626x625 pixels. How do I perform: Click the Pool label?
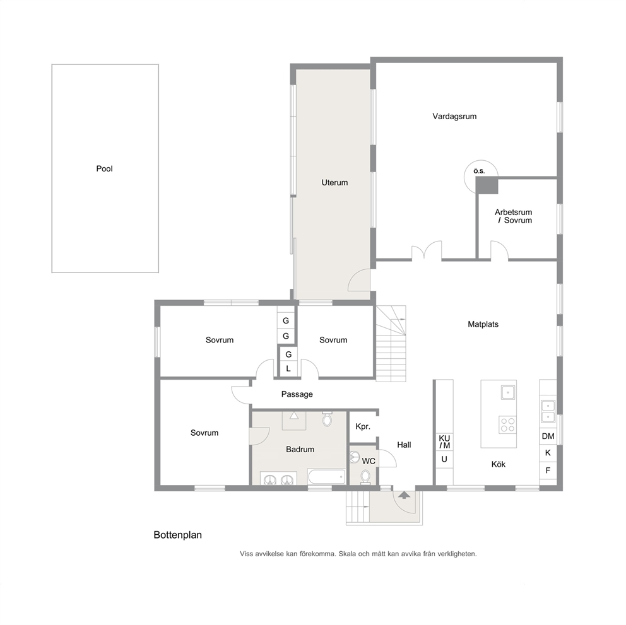tap(104, 169)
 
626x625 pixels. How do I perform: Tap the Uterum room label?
tap(334, 183)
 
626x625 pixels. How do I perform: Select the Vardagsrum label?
tap(454, 117)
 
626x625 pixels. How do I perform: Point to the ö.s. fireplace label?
tap(479, 171)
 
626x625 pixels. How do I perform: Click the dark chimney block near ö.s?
tap(487, 185)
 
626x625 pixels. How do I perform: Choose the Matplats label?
tap(483, 324)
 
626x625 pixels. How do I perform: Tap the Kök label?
tap(499, 464)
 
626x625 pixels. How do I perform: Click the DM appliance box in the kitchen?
tap(548, 436)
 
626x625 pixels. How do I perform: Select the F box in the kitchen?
tap(548, 470)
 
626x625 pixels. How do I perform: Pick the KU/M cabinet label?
tap(444, 442)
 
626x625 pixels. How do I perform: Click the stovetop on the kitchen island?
tap(507, 424)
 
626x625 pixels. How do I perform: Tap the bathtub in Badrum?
tap(326, 477)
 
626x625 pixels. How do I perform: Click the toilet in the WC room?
tap(365, 477)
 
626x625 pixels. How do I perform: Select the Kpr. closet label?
tap(363, 426)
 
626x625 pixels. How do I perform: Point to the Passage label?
tap(297, 394)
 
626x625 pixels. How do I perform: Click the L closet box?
tap(288, 369)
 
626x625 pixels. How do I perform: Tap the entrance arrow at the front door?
tap(405, 495)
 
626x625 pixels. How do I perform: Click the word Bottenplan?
tap(178, 535)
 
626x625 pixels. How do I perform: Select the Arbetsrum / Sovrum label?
tap(514, 216)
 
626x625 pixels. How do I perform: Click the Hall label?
tap(404, 445)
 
